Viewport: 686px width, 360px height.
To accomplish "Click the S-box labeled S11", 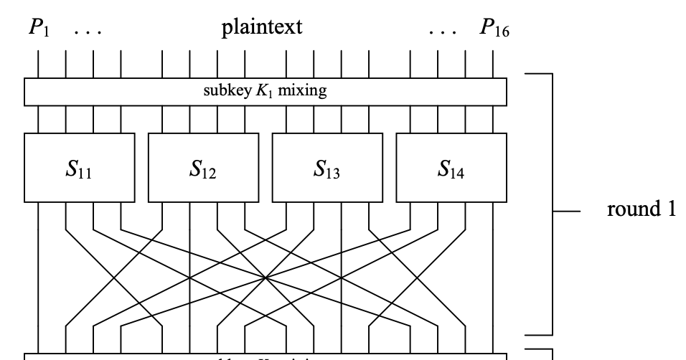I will click(x=80, y=168).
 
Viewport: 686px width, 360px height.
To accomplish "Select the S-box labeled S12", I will click(x=203, y=168).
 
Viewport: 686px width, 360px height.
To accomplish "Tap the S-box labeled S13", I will click(x=327, y=168).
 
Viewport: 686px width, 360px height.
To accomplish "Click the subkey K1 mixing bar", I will click(x=266, y=92).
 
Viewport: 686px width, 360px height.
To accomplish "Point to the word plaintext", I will click(x=262, y=28).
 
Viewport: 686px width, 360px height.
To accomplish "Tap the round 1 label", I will click(x=642, y=209).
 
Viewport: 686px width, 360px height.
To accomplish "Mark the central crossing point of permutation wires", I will click(x=266, y=278).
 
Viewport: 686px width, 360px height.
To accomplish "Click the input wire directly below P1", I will click(x=39, y=64).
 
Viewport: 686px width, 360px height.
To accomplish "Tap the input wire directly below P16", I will click(x=493, y=64).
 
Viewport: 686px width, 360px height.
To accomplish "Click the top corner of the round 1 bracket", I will click(x=552, y=73).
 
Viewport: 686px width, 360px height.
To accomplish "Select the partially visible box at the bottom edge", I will click(x=266, y=356).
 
